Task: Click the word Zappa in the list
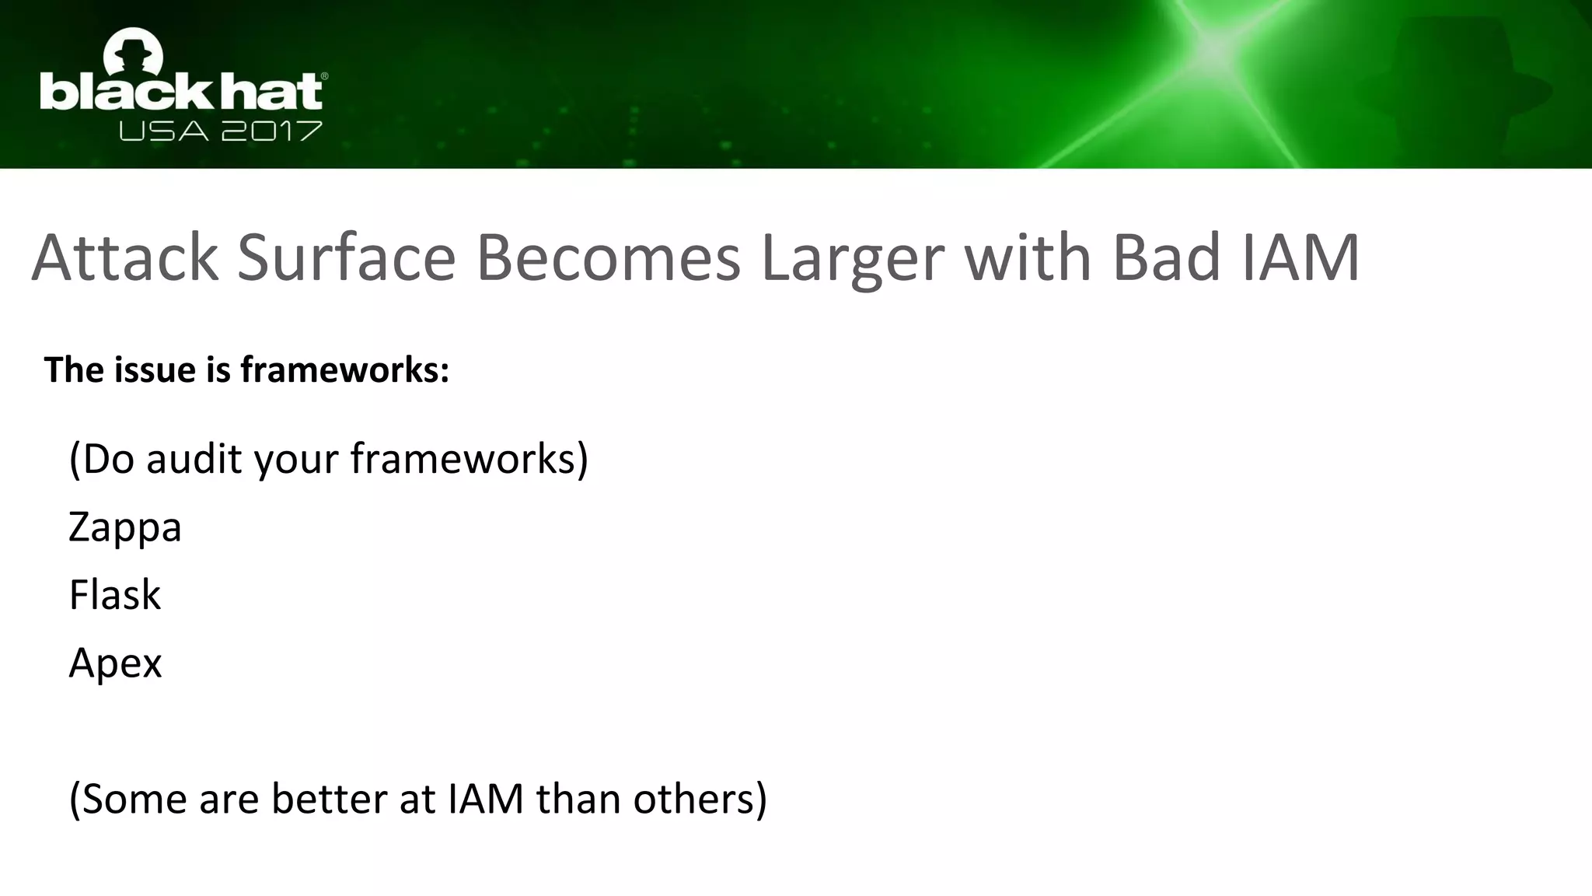pyautogui.click(x=125, y=528)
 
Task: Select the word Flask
pyautogui.click(x=115, y=596)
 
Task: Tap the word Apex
pyautogui.click(x=115, y=663)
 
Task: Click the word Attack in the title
pyautogui.click(x=125, y=258)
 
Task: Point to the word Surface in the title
pyautogui.click(x=346, y=258)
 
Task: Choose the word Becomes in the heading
pyautogui.click(x=608, y=258)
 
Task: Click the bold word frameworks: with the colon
pyautogui.click(x=345, y=369)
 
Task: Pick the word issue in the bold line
pyautogui.click(x=158, y=369)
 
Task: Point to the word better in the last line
pyautogui.click(x=330, y=800)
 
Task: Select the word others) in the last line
pyautogui.click(x=700, y=800)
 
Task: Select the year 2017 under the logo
pyautogui.click(x=271, y=131)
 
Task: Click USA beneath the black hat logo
pyautogui.click(x=163, y=131)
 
